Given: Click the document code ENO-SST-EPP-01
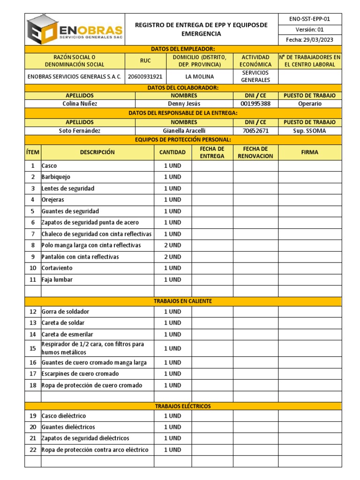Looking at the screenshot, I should click(310, 19).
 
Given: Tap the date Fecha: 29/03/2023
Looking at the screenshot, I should click(310, 40).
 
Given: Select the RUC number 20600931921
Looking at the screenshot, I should click(145, 76).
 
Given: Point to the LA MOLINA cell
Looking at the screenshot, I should click(199, 76).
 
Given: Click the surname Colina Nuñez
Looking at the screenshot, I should click(80, 104).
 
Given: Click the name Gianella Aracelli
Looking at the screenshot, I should click(184, 131).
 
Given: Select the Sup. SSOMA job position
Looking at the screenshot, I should click(309, 131).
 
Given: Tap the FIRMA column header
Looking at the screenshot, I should click(309, 152).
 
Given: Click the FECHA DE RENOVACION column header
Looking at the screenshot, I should click(255, 152).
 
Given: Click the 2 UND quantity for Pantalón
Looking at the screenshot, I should click(172, 257).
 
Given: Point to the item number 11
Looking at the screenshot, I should click(33, 280).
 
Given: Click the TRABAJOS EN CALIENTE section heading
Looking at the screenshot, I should click(183, 301).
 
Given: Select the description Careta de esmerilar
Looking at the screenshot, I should click(67, 335).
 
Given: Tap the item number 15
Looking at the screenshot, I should click(33, 348).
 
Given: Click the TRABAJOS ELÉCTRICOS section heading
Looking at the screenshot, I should click(183, 406).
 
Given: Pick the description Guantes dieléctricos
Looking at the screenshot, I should click(68, 427).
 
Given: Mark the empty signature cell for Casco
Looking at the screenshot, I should click(309, 166).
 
